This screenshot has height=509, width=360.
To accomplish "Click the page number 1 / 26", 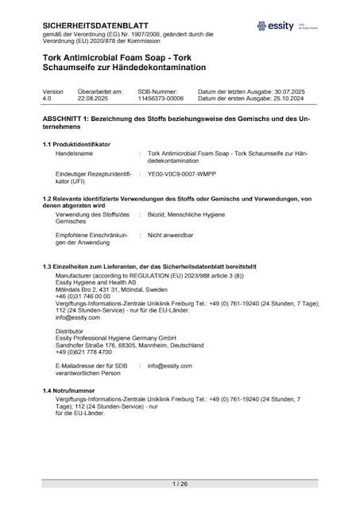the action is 180,484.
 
